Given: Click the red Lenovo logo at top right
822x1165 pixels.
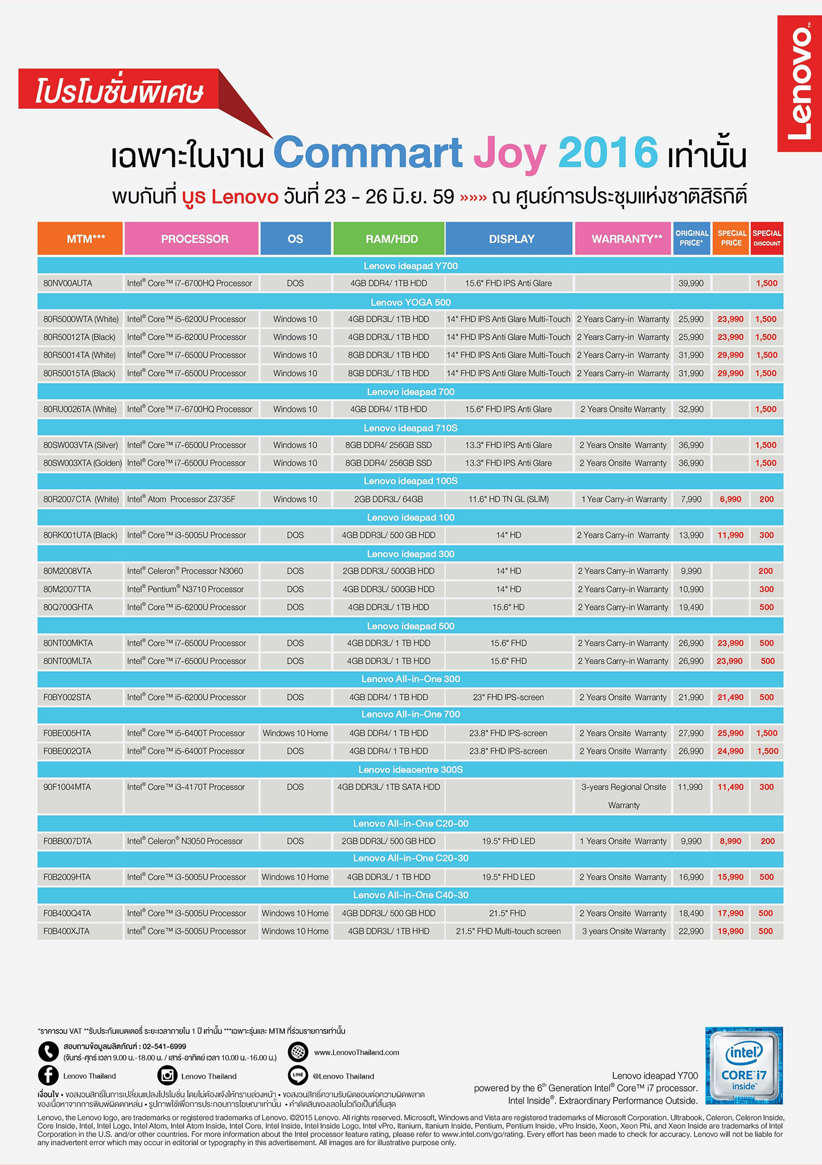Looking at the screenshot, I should tap(799, 83).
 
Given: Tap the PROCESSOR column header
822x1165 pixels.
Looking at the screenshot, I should tap(194, 239).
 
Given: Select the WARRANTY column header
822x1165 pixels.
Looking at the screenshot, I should tap(626, 239).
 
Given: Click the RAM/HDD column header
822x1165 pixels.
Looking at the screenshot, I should tap(391, 239).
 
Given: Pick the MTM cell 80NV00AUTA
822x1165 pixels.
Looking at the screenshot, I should tap(68, 283).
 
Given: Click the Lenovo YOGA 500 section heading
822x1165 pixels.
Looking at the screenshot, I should tap(410, 302).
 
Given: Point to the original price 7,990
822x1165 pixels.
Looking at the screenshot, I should tap(690, 499).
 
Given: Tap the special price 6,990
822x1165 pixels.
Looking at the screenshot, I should tap(730, 499).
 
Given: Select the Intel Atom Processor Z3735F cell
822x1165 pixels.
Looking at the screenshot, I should tap(181, 499).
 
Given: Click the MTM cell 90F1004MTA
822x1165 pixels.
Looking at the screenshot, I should tap(67, 787).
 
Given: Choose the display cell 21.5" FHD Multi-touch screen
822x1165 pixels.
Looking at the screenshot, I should tap(508, 931).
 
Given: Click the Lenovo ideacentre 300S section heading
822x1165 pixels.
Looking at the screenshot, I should tap(410, 769).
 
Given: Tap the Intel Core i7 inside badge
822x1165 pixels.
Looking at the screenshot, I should tap(744, 1065).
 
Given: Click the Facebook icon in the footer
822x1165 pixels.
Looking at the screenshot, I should tap(48, 1076).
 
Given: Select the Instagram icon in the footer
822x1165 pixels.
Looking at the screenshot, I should tap(168, 1076).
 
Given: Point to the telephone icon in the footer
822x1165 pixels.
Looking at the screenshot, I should tap(48, 1051).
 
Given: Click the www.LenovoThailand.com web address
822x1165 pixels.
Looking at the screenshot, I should tap(356, 1052).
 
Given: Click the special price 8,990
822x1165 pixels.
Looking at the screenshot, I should tap(730, 841).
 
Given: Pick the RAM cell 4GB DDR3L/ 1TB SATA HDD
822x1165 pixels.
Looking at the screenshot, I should tap(389, 787).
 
